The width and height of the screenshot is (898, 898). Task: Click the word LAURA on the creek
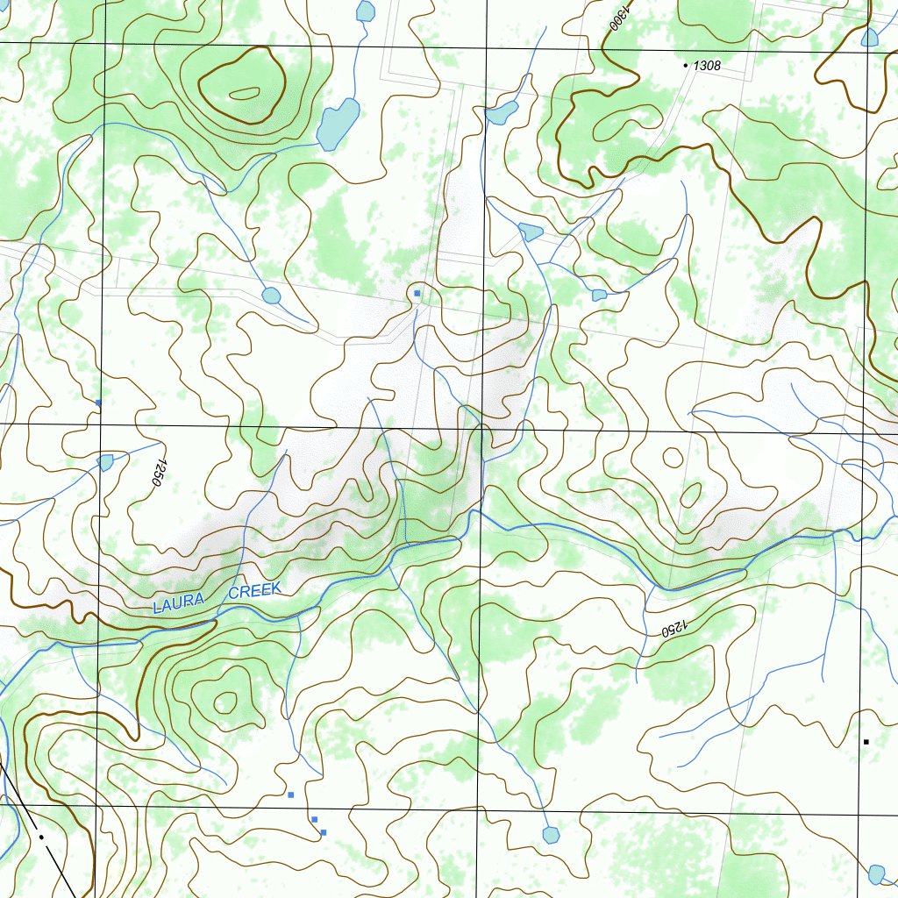pyautogui.click(x=178, y=603)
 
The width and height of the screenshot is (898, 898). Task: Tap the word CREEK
pyautogui.click(x=254, y=591)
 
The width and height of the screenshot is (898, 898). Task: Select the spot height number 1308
pyautogui.click(x=707, y=66)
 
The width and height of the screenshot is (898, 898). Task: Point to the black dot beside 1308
pyautogui.click(x=685, y=65)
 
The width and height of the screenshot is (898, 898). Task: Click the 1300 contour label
pyautogui.click(x=618, y=16)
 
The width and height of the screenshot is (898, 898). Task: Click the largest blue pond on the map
pyautogui.click(x=338, y=124)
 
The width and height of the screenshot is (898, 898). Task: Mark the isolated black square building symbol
pyautogui.click(x=866, y=742)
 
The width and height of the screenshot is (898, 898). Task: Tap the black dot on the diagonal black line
pyautogui.click(x=40, y=837)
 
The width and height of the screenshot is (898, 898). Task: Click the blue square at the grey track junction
pyautogui.click(x=417, y=293)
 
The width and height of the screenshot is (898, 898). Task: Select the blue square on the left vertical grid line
pyautogui.click(x=98, y=403)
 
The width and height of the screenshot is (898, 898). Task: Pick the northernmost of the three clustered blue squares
pyautogui.click(x=291, y=795)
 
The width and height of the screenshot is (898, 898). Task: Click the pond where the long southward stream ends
pyautogui.click(x=551, y=834)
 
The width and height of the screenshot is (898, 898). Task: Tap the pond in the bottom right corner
pyautogui.click(x=876, y=873)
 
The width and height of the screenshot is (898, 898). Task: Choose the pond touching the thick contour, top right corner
pyautogui.click(x=869, y=38)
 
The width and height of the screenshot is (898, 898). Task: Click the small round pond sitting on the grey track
pyautogui.click(x=271, y=296)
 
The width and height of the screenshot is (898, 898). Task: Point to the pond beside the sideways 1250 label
pyautogui.click(x=106, y=462)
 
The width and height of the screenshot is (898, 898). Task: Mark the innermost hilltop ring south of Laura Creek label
pyautogui.click(x=226, y=701)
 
